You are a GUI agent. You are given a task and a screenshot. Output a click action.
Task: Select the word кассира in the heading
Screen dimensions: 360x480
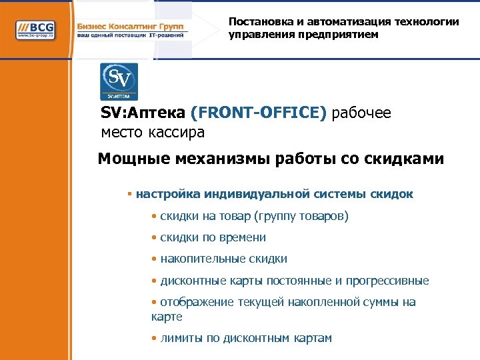pyautogui.click(x=179, y=133)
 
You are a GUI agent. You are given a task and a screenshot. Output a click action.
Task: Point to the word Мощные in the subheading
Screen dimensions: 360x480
pyautogui.click(x=133, y=159)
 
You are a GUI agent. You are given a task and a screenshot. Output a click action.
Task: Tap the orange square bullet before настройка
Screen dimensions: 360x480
pyautogui.click(x=129, y=195)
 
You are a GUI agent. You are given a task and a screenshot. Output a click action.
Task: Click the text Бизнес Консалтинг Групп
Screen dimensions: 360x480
pyautogui.click(x=131, y=26)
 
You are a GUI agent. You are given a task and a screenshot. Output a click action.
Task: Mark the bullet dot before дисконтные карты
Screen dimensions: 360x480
pyautogui.click(x=154, y=281)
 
